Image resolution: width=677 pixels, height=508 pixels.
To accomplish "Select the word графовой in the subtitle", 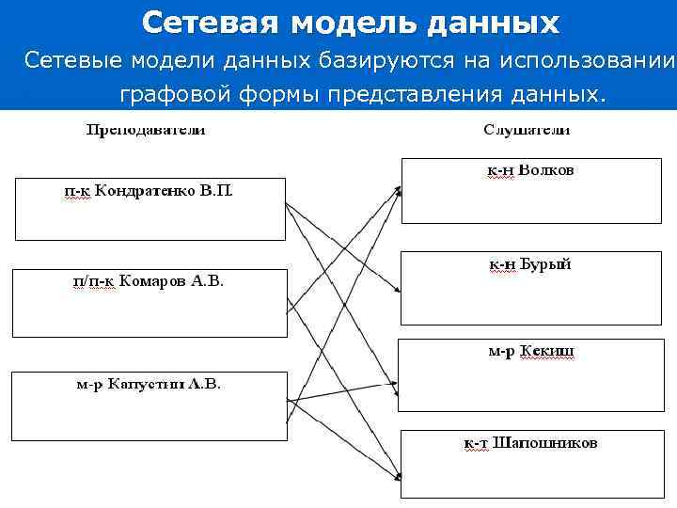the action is pyautogui.click(x=174, y=94).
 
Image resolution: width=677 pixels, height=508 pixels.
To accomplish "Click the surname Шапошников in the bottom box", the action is pyautogui.click(x=544, y=442).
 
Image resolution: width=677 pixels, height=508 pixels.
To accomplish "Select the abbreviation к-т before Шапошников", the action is pyautogui.click(x=477, y=442).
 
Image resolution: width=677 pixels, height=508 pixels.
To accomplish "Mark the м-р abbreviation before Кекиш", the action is pyautogui.click(x=501, y=351).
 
